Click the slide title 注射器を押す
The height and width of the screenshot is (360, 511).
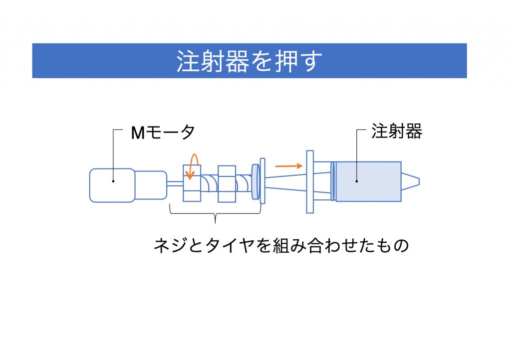point(249,61)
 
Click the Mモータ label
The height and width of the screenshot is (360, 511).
point(162,133)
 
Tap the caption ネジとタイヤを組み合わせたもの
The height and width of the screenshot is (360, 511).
point(281,246)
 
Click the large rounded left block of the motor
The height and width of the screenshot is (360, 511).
point(112,185)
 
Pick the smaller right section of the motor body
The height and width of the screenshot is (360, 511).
point(151,185)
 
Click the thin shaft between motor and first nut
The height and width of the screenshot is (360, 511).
point(175,183)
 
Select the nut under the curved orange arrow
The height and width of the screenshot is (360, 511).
point(192,184)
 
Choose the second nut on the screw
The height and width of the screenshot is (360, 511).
point(227,184)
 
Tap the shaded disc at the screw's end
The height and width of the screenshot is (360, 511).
point(255,181)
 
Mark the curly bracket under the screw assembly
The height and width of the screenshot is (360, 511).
point(215,216)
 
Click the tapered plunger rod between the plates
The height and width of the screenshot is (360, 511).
point(284,181)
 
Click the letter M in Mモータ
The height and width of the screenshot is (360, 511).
point(138,133)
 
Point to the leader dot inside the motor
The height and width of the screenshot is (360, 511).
point(113,181)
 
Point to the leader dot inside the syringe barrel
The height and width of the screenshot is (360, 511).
point(357,181)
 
